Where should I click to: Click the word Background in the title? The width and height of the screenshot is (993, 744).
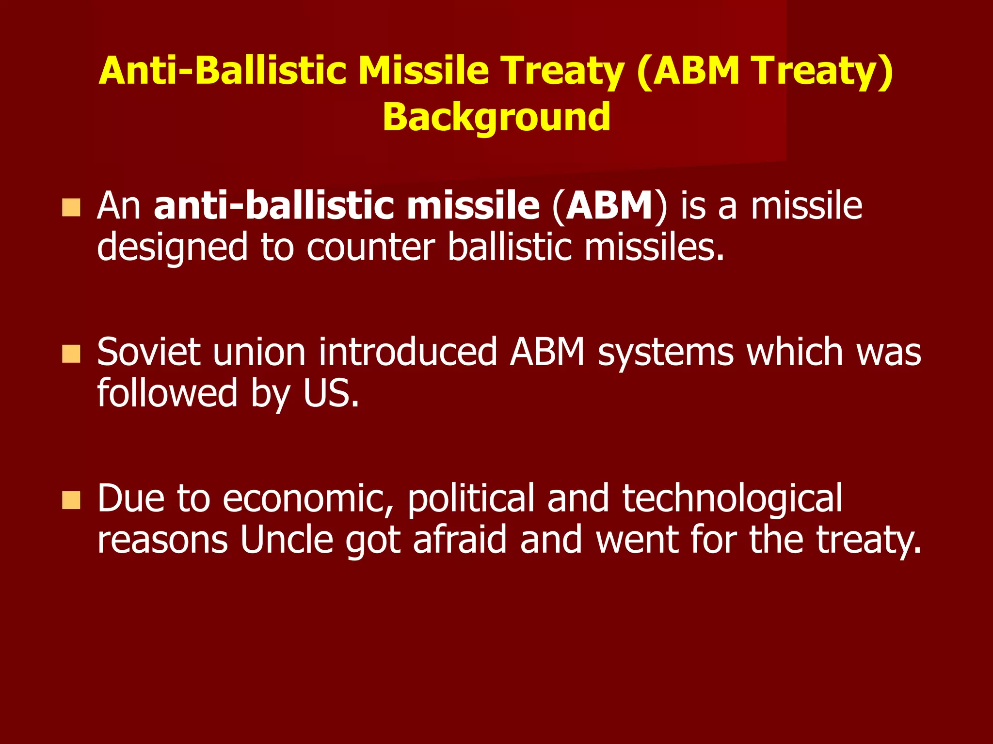(496, 117)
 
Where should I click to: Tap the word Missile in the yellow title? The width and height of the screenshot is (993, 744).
(423, 71)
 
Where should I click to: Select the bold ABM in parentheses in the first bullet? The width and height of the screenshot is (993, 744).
(609, 206)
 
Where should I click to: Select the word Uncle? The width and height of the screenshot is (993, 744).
(287, 540)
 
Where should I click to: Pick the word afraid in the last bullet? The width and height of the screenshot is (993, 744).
(460, 540)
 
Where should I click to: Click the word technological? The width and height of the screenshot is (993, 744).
(732, 499)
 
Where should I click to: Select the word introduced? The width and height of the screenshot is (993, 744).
(408, 352)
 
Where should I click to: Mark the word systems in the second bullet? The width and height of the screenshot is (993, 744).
(666, 352)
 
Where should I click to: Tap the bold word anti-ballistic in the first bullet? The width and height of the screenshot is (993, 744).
(273, 206)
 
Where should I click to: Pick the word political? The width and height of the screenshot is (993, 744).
(470, 499)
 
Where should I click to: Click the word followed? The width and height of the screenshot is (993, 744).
(167, 393)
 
